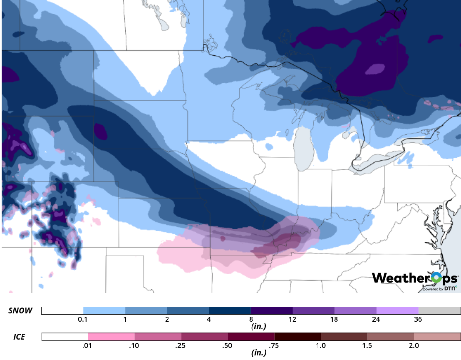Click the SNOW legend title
pyautogui.click(x=20, y=311)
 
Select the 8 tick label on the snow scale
pyautogui.click(x=251, y=319)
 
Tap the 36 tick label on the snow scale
pyautogui.click(x=418, y=319)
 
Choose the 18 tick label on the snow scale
pyautogui.click(x=335, y=319)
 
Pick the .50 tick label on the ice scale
pyautogui.click(x=228, y=345)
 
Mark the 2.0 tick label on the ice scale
pyautogui.click(x=414, y=345)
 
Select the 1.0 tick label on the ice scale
pyautogui.click(x=321, y=345)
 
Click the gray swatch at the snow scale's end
pyautogui.click(x=439, y=311)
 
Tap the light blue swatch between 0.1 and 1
pyautogui.click(x=104, y=311)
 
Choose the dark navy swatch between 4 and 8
pyautogui.click(x=230, y=311)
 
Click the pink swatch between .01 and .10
pyautogui.click(x=112, y=337)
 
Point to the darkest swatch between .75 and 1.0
pyautogui.click(x=297, y=337)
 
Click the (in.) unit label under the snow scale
pyautogui.click(x=259, y=327)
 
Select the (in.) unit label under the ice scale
pyautogui.click(x=259, y=353)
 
